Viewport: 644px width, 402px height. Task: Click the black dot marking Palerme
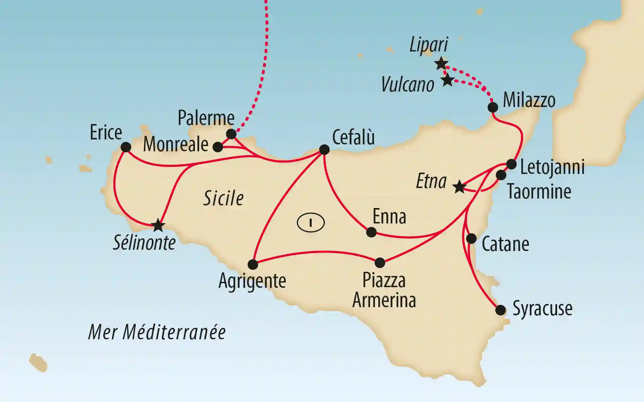231,134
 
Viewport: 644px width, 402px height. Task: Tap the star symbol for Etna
459,187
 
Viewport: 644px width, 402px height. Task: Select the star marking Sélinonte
158,225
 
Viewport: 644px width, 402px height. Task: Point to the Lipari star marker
441,63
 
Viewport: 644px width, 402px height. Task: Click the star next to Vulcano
447,80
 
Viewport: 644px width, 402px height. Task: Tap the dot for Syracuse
501,310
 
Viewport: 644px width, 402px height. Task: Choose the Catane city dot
471,239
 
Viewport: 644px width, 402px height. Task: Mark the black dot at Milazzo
493,107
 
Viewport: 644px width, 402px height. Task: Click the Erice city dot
126,147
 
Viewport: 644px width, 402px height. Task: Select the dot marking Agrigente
253,264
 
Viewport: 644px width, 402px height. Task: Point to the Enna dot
371,232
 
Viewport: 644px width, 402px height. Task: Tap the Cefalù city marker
324,150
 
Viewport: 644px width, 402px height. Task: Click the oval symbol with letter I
311,223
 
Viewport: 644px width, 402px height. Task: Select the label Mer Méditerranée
157,332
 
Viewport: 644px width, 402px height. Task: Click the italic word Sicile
223,199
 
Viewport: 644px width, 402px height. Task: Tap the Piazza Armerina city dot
380,263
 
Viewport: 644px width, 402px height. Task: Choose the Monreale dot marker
218,147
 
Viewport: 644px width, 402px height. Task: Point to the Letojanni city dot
511,164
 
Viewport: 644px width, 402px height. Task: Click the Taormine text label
539,192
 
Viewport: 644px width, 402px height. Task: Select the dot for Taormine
501,175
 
